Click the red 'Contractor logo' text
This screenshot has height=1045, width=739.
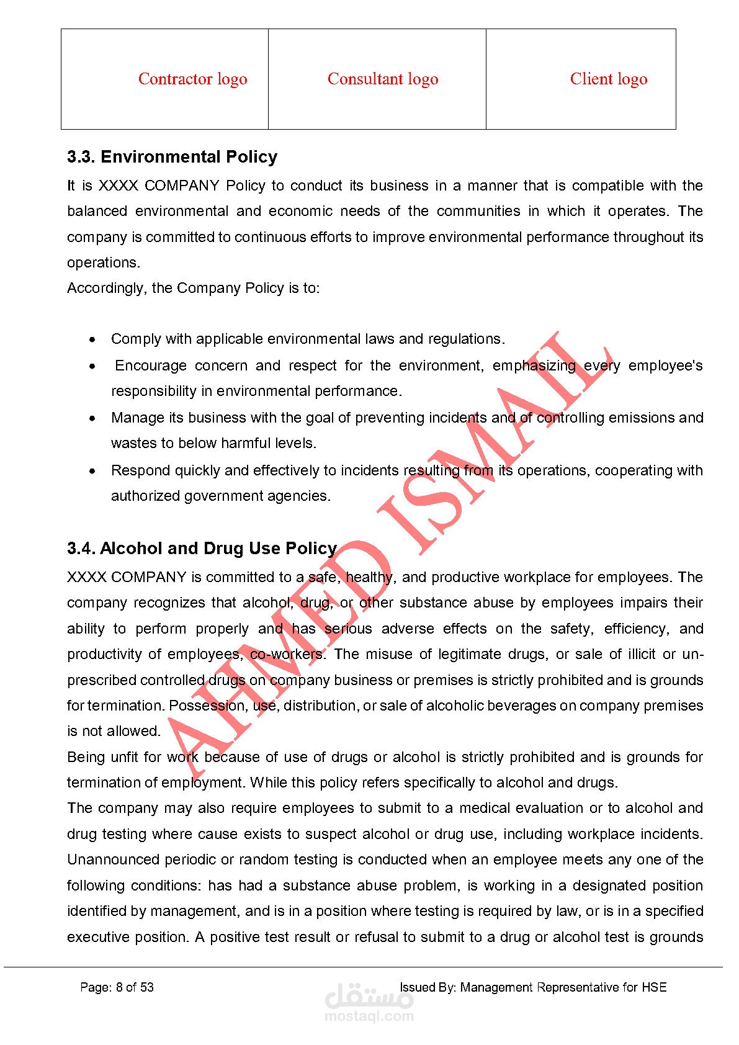point(192,79)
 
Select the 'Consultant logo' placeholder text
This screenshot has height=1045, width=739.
point(383,79)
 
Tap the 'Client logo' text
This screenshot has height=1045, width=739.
point(608,79)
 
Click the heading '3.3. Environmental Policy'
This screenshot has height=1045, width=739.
point(172,157)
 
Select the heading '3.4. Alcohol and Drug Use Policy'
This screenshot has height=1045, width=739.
point(202,549)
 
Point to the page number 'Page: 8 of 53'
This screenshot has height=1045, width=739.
point(117,987)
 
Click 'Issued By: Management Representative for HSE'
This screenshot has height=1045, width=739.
point(532,987)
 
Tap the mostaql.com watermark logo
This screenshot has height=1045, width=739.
point(369,1002)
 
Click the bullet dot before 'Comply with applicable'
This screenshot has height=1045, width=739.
point(92,339)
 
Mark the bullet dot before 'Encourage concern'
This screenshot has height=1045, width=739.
point(92,366)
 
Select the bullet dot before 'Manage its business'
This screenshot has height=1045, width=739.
point(92,418)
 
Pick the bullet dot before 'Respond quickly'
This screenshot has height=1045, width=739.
point(92,471)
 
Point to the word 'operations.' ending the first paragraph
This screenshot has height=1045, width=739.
point(104,263)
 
